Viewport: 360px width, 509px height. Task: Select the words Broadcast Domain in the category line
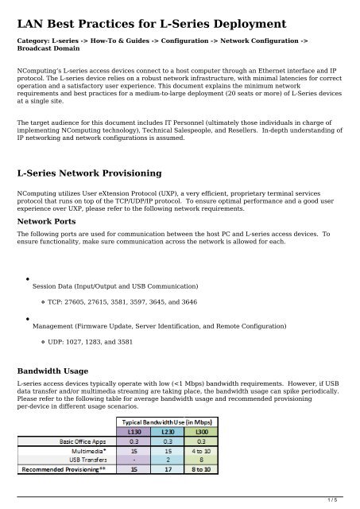pos(51,48)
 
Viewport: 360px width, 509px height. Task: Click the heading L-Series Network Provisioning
pos(94,173)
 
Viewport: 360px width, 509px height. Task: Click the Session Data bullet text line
pos(115,286)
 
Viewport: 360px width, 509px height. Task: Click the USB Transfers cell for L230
pos(169,459)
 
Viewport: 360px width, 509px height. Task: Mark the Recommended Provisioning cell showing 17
pos(169,469)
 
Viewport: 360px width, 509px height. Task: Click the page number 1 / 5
pos(343,499)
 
